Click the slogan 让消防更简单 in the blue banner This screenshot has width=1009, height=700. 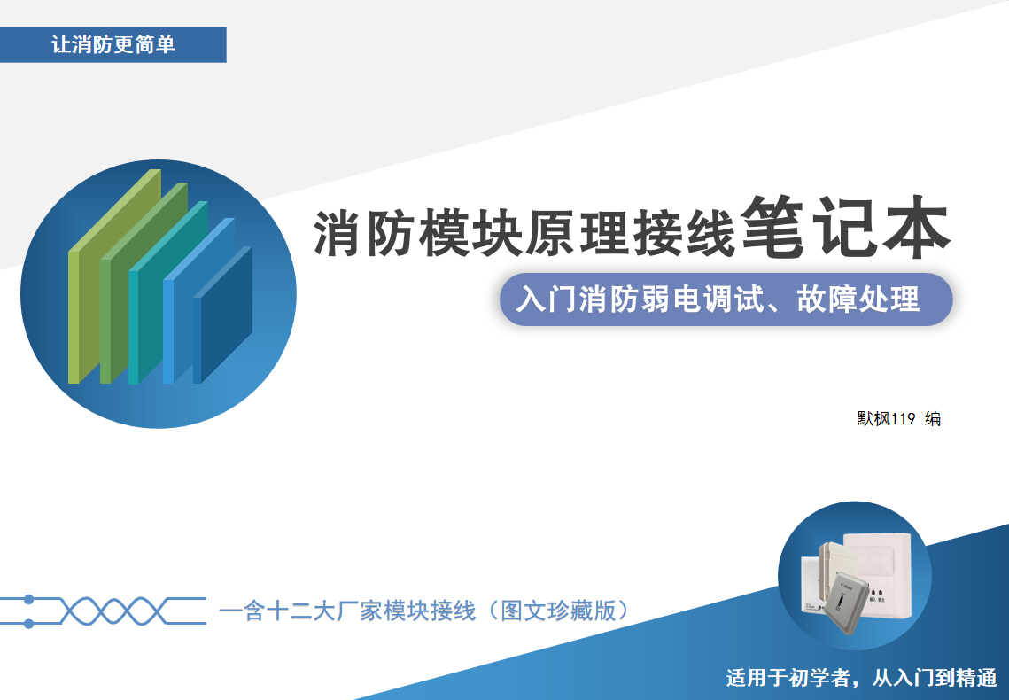[113, 44]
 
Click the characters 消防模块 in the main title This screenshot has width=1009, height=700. [417, 232]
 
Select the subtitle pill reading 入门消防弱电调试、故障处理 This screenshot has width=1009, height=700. [726, 299]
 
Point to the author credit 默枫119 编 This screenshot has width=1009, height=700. [898, 419]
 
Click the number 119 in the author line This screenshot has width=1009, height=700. [904, 419]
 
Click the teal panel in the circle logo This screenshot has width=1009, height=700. [167, 292]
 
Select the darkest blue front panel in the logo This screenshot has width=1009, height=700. [222, 315]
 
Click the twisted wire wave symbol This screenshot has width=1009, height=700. [103, 611]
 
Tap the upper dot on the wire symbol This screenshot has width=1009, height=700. [28, 600]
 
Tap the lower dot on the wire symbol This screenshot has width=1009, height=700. [28, 624]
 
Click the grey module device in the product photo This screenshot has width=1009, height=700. [848, 605]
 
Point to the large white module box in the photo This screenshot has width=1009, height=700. [877, 566]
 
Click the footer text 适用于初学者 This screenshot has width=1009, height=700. [788, 678]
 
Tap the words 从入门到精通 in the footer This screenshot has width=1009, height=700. [935, 678]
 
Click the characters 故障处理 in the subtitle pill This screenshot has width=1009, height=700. [858, 299]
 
